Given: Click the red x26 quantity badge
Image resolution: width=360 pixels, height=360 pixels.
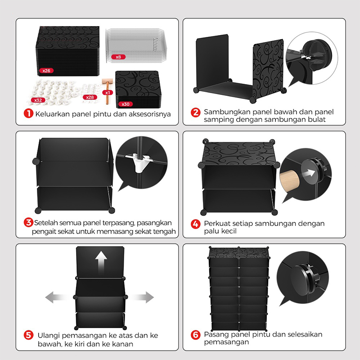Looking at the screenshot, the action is [46, 71].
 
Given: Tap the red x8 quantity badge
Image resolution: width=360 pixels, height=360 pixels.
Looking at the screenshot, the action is [118, 57].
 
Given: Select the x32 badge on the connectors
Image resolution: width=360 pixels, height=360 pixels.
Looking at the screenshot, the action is [38, 100].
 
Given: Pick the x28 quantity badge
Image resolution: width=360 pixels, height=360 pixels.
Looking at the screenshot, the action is [90, 97].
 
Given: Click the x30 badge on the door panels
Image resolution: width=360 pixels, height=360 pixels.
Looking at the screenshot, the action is [126, 104].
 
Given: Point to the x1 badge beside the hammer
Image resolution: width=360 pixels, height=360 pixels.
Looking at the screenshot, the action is [108, 93].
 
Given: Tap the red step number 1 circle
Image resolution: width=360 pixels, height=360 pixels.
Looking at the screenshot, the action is [28, 113].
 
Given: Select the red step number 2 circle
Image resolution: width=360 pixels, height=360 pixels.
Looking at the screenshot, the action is [196, 112].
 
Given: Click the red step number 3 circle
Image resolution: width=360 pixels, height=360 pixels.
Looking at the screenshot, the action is [28, 222].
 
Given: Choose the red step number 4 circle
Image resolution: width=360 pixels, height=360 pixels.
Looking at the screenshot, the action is [196, 224].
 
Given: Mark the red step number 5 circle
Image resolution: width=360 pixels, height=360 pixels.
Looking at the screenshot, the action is [28, 335].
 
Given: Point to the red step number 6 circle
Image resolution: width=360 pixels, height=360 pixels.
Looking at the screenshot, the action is [196, 335].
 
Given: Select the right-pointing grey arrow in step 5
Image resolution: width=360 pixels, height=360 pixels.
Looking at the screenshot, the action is [142, 297].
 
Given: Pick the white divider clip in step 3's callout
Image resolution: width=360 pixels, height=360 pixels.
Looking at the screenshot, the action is [139, 162].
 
